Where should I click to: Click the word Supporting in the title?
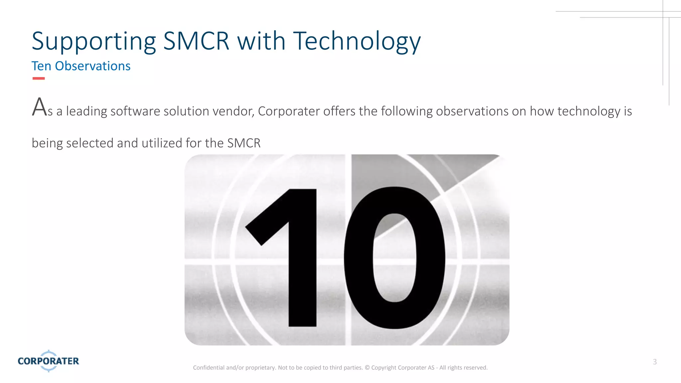pos(93,41)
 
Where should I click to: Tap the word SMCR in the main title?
pos(196,41)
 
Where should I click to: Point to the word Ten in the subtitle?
pos(41,66)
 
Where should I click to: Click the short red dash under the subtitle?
pos(39,78)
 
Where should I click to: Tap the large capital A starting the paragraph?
pos(39,107)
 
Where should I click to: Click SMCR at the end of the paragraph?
pos(244,143)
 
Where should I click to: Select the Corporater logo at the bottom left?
pos(49,361)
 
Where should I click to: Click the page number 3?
pos(655,362)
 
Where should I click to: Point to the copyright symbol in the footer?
pos(367,368)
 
